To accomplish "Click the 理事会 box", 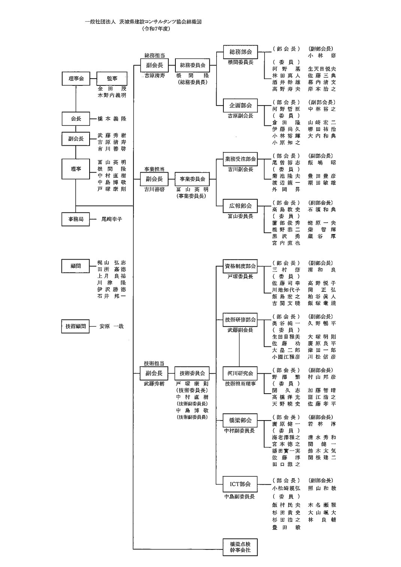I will [x=76, y=79].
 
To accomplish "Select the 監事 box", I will [x=112, y=79].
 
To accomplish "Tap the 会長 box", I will [x=76, y=119].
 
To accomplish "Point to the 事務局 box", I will [x=76, y=219].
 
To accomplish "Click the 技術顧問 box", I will [x=76, y=326].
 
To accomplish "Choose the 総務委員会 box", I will [x=192, y=65].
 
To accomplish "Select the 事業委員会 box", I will [x=192, y=179].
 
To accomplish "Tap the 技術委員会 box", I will [x=192, y=373].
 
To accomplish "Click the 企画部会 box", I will [x=241, y=106].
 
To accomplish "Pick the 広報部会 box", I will [x=241, y=206].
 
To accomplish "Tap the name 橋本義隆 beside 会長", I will [x=112, y=119].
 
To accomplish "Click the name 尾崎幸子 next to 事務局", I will [x=112, y=219].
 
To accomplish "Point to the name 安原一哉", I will [x=111, y=326].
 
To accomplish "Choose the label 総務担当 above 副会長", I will [x=154, y=55].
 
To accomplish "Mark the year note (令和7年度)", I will [x=156, y=29].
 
